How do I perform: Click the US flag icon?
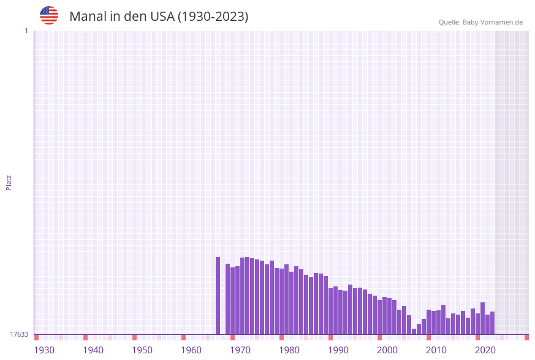[x=49, y=15]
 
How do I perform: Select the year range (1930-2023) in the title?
[x=213, y=17]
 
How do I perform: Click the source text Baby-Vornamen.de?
[x=493, y=22]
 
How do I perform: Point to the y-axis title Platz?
[x=9, y=182]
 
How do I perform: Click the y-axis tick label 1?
[x=26, y=31]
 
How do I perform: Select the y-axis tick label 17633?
[x=19, y=334]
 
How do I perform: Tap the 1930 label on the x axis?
[x=44, y=350]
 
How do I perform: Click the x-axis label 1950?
[x=142, y=350]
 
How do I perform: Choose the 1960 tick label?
[x=191, y=350]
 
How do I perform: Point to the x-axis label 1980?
[x=289, y=350]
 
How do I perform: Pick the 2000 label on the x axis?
[x=387, y=350]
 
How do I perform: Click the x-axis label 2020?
[x=485, y=350]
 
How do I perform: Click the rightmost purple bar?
[x=492, y=323]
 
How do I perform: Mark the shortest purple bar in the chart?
[x=414, y=331]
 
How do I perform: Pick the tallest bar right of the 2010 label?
[x=482, y=318]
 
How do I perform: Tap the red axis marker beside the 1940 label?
[x=85, y=337]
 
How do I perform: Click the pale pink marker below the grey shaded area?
[x=502, y=337]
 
